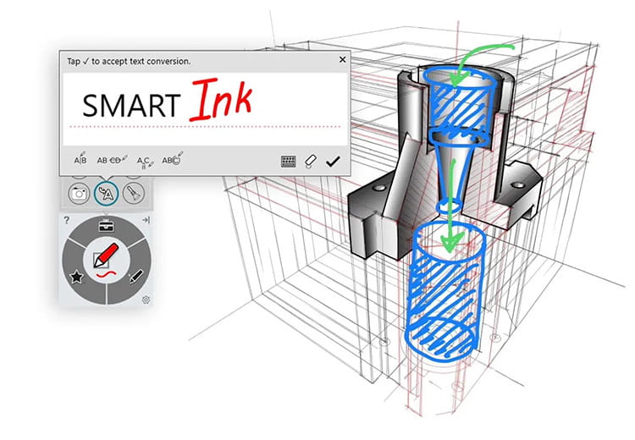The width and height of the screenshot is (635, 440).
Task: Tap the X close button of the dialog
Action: [x=342, y=60]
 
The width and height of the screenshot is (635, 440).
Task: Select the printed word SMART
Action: [x=130, y=105]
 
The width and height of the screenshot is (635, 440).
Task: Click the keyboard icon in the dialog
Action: [x=289, y=160]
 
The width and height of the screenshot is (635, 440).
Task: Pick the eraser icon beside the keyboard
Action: [x=311, y=160]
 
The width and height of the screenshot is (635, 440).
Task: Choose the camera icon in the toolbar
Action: [x=78, y=193]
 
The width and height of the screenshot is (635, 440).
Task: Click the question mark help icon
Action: [x=66, y=220]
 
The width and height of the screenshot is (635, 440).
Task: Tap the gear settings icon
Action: [x=146, y=300]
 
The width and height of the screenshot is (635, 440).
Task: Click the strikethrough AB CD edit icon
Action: [x=112, y=159]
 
